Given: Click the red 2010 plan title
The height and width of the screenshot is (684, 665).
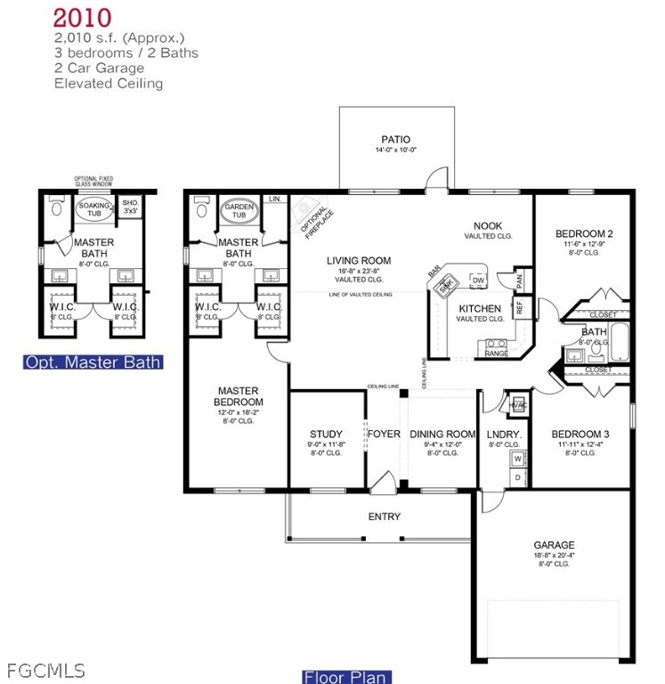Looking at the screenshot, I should [x=82, y=18].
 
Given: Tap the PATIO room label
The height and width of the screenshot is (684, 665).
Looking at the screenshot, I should [x=395, y=139].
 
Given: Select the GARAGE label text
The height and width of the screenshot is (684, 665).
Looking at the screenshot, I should [x=554, y=545].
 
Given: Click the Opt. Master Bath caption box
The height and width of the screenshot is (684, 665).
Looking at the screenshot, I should [x=93, y=362].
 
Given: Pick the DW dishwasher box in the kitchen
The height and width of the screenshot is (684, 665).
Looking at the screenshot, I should [x=478, y=281].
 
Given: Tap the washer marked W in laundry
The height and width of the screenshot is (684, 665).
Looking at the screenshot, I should [x=517, y=460].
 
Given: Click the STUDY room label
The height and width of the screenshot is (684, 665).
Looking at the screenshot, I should [x=326, y=435].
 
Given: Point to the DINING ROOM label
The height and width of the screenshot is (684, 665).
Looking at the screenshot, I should [x=442, y=435].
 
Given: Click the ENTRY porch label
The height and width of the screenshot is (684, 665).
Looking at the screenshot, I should [x=384, y=517].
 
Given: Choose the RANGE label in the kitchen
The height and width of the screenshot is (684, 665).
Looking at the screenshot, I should [x=496, y=354].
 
